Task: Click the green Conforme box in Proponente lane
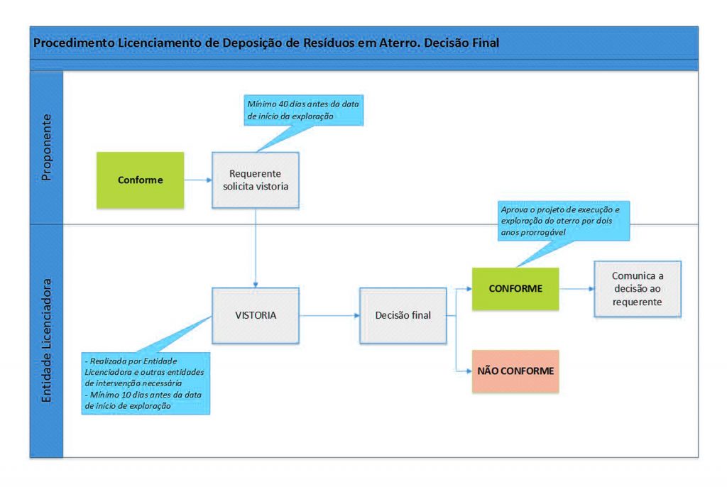tap(140, 180)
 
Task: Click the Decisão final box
tap(403, 314)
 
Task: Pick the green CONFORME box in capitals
tap(515, 289)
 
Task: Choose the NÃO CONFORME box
tap(515, 371)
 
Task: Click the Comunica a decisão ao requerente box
tap(638, 289)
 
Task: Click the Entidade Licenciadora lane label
tap(47, 341)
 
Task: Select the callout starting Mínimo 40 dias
tap(303, 110)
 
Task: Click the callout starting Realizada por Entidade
tap(145, 382)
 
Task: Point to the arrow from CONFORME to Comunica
tap(576, 289)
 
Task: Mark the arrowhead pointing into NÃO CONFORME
tap(468, 371)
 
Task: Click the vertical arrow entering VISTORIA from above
tap(255, 248)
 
